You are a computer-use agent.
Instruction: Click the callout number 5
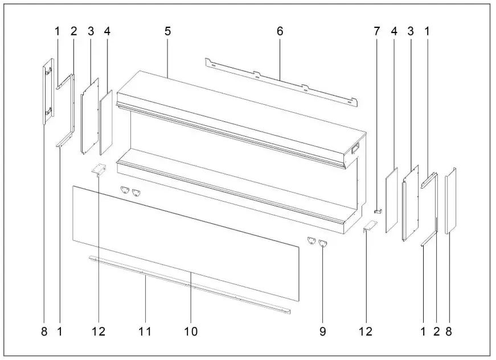(x=167, y=31)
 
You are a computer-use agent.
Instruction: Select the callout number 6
(x=280, y=31)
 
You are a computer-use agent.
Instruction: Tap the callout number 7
(x=376, y=31)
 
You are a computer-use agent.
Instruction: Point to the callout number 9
(x=322, y=331)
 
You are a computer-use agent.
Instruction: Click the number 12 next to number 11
(x=100, y=331)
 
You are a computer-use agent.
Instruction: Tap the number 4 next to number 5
(x=107, y=31)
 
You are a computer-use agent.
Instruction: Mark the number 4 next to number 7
(x=395, y=31)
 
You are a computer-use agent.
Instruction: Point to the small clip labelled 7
(x=379, y=211)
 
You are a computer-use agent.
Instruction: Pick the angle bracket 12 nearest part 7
(x=370, y=227)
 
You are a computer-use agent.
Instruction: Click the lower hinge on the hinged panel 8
(x=50, y=110)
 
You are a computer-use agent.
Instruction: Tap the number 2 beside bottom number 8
(x=436, y=331)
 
